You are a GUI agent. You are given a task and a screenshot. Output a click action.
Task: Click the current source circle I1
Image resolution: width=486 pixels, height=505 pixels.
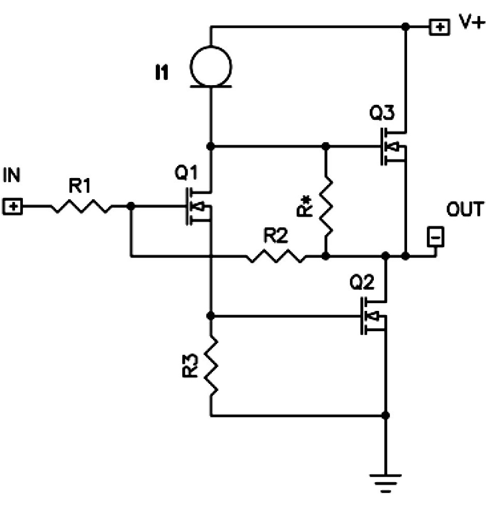(211, 66)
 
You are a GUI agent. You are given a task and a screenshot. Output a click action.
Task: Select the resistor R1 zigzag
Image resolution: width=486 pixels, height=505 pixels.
(81, 206)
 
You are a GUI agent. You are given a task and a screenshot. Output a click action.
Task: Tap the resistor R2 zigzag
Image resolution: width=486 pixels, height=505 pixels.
(276, 256)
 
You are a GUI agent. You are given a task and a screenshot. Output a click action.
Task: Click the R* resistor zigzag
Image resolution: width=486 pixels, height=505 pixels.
(326, 206)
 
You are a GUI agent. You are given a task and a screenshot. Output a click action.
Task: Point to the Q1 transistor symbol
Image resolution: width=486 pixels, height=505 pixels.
(198, 206)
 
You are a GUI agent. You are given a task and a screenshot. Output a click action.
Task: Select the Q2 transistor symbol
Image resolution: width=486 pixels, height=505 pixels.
(373, 316)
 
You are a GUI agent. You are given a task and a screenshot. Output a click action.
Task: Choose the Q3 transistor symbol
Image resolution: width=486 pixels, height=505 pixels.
(393, 146)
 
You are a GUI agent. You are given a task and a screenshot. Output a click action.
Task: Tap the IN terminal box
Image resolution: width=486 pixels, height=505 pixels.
(12, 206)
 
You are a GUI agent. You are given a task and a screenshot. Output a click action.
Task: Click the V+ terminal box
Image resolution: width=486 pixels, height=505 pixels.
(439, 27)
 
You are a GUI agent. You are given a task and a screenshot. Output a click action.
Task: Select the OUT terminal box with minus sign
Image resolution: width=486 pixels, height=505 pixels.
(436, 237)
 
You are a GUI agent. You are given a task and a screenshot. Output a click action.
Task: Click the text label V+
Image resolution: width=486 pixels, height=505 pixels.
(472, 22)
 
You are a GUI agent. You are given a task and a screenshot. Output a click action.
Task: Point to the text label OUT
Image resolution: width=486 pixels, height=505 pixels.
(465, 209)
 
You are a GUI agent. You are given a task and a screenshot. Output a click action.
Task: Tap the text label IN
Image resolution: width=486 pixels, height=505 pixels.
(11, 175)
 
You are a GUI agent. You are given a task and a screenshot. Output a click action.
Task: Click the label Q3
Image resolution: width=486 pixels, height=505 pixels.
(382, 113)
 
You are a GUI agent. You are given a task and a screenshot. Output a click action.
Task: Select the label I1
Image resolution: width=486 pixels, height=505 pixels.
(162, 73)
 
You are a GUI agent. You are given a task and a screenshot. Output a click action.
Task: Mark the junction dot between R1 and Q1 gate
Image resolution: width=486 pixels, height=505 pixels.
(131, 206)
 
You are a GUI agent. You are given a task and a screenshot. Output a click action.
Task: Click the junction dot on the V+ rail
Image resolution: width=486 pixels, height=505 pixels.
(406, 27)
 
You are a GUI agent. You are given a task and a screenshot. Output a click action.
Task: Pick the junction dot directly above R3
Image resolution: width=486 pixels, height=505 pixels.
(210, 316)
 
